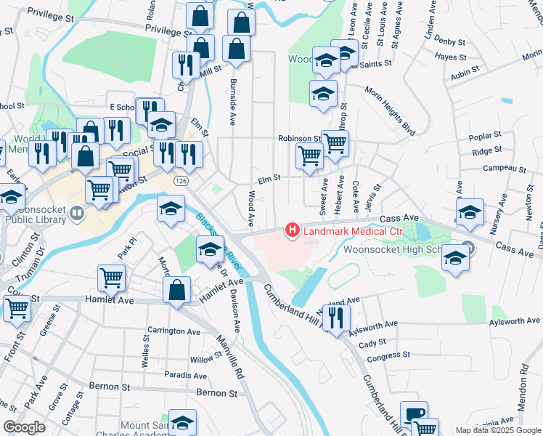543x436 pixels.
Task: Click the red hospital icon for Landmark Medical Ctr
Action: click(293, 231)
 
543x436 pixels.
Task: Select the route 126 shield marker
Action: click(181, 179)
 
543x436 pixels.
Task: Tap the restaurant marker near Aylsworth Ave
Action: click(335, 318)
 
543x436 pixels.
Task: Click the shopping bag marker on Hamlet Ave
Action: click(177, 290)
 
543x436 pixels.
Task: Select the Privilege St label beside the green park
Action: click(172, 31)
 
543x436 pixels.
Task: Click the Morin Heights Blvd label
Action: click(391, 113)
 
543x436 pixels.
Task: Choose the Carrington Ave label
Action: click(173, 331)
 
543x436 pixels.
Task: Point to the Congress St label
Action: click(389, 356)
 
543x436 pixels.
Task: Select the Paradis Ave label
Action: click(185, 376)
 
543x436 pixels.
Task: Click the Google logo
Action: click(24, 427)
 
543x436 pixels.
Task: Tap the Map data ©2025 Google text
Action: click(497, 430)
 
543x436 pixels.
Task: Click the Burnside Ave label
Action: click(233, 100)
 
